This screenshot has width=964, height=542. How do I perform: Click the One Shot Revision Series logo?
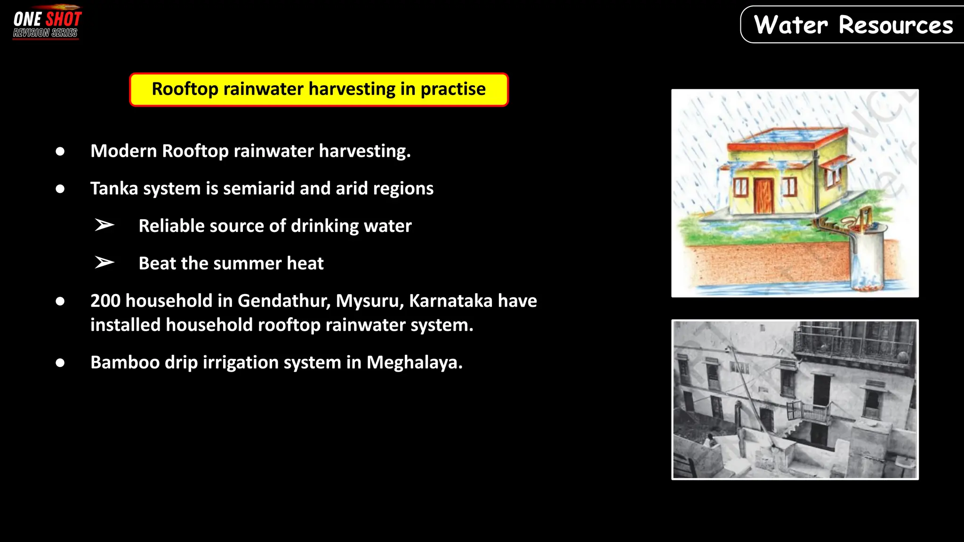coord(47,23)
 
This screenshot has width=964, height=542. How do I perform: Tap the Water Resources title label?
coord(853,25)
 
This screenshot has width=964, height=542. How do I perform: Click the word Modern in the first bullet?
coord(123,151)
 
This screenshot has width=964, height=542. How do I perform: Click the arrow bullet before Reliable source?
coord(104,225)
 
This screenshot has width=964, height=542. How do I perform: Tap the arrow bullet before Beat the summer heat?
coord(104,263)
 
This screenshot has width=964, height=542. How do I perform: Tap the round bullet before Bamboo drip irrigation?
coord(60,363)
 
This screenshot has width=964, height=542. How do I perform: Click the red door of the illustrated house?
coord(763,195)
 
